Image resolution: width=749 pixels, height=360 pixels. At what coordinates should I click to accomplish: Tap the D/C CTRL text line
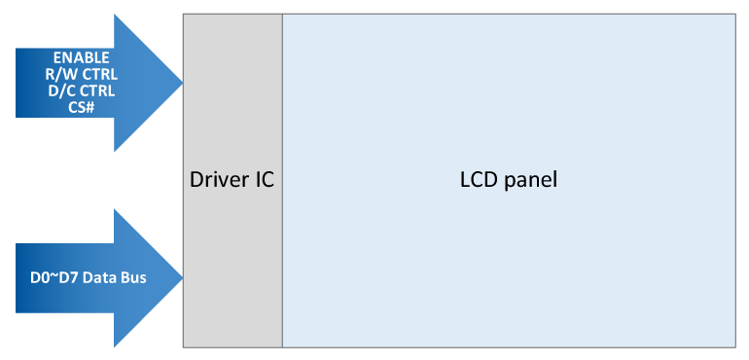81,91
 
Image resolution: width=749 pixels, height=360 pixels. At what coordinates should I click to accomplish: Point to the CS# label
81,107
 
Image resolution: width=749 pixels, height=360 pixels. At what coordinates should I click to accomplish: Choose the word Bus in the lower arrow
130,278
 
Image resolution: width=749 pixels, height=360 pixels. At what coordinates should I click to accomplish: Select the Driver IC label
232,180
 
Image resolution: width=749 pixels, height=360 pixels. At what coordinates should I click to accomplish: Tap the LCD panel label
508,180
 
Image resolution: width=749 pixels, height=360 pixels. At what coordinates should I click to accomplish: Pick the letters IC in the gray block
266,180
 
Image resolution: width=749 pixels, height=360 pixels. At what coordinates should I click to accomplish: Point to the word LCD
478,180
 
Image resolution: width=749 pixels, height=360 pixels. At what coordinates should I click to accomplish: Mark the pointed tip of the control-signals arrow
181,83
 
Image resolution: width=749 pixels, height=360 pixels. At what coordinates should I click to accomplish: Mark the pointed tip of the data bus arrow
181,278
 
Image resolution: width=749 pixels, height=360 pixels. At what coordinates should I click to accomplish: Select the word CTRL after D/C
96,91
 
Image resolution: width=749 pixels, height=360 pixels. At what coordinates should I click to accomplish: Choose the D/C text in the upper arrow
61,91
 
